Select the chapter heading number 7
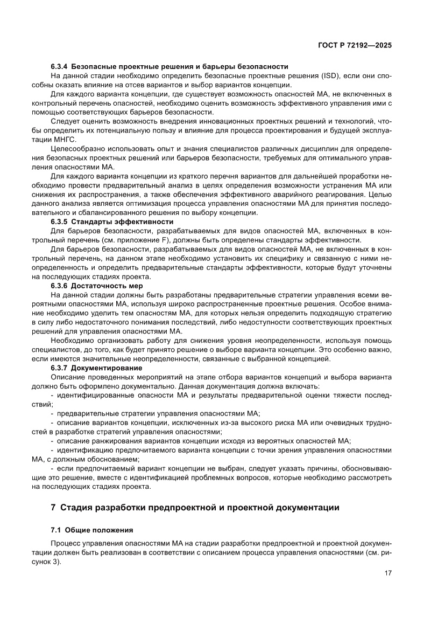coord(53,507)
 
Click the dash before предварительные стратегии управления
coord(52,413)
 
